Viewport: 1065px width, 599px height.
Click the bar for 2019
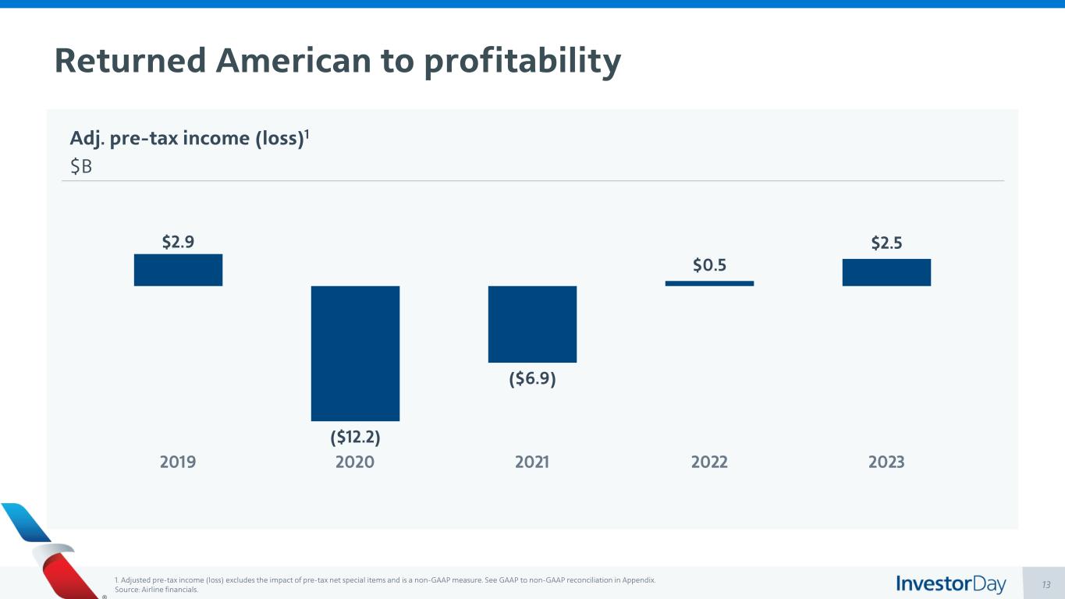click(x=178, y=270)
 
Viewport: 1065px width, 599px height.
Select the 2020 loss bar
click(x=355, y=353)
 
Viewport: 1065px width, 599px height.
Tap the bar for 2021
click(x=532, y=324)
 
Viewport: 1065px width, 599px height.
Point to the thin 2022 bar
click(x=709, y=283)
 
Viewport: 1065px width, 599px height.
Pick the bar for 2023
click(x=886, y=272)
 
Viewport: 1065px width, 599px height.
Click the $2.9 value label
click(x=178, y=243)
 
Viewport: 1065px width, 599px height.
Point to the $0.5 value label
click(x=709, y=265)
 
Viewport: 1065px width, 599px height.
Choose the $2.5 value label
click(x=886, y=243)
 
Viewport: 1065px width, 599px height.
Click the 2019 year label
click(x=178, y=462)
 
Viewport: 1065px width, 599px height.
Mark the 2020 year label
click(x=355, y=462)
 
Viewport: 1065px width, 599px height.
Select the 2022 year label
click(x=709, y=462)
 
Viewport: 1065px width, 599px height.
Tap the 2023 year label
click(x=886, y=462)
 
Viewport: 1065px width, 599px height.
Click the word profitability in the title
click(x=522, y=61)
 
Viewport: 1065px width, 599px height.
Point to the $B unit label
click(x=81, y=167)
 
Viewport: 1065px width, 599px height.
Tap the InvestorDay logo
click(x=950, y=583)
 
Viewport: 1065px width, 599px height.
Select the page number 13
click(x=1046, y=584)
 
